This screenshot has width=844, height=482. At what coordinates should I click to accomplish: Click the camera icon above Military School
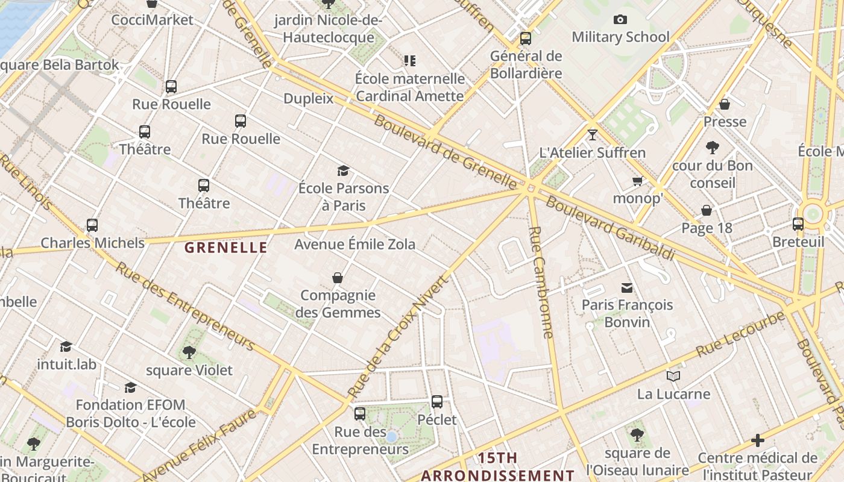click(620, 20)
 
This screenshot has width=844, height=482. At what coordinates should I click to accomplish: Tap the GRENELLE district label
click(226, 248)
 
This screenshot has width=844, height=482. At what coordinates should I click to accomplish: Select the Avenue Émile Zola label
click(354, 244)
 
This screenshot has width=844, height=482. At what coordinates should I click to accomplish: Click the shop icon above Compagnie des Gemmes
click(338, 278)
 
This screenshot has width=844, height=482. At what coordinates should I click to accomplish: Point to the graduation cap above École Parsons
click(343, 171)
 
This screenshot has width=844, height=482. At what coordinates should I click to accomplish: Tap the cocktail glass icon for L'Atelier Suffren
click(593, 134)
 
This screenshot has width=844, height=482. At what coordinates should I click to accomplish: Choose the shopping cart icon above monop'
click(637, 181)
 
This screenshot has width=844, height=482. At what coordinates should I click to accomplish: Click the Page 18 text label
click(707, 228)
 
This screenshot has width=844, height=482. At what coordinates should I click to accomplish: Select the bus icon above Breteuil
click(798, 224)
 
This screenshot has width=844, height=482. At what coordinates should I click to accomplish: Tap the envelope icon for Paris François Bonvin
click(627, 287)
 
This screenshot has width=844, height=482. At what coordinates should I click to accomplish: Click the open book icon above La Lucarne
click(673, 377)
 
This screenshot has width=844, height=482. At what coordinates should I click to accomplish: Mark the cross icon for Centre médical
click(758, 440)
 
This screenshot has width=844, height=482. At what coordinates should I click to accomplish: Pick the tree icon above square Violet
click(189, 352)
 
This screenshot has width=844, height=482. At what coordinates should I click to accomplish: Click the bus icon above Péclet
click(437, 402)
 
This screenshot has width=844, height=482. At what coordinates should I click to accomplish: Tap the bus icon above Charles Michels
click(92, 225)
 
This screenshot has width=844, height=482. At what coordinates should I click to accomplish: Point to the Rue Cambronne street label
click(540, 281)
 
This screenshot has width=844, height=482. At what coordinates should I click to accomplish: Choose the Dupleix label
click(308, 98)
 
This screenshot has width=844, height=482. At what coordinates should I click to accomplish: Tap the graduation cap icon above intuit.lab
click(66, 346)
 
